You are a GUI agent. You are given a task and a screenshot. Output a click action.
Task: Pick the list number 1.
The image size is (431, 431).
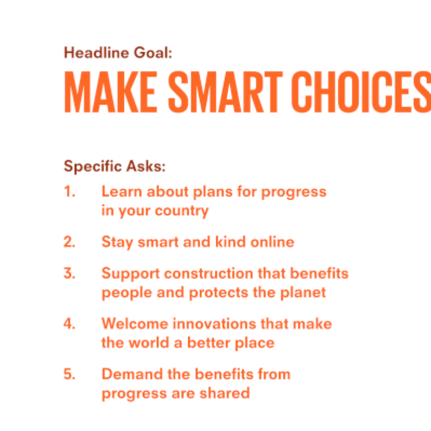69,192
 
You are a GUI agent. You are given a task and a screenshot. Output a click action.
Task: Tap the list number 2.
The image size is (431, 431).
69,242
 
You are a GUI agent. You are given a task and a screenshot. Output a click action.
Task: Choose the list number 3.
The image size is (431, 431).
69,274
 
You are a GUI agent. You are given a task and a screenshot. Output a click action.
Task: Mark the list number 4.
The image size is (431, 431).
69,324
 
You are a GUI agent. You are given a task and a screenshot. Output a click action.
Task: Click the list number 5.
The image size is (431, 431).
69,374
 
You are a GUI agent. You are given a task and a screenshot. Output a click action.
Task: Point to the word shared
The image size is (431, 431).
227,393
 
